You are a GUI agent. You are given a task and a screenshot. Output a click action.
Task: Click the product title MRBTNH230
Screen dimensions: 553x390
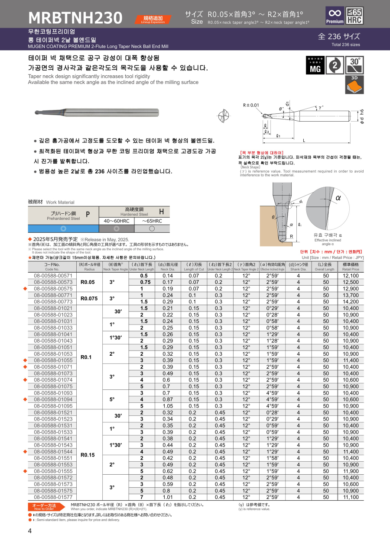click(x=75, y=18)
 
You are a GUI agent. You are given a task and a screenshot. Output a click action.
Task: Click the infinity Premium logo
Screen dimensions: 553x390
click(x=335, y=16)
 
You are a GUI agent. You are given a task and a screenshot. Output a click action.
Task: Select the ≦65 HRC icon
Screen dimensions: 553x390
click(x=355, y=16)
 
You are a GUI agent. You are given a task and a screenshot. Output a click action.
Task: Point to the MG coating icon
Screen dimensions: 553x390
click(x=315, y=65)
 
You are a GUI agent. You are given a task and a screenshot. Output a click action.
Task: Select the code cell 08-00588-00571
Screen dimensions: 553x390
click(x=53, y=276)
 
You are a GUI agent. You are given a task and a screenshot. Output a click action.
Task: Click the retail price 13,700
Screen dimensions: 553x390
click(x=350, y=295)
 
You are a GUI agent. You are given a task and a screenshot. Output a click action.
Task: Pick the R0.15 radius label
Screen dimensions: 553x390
click(x=88, y=454)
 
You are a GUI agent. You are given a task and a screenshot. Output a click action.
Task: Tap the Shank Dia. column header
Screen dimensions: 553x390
click(x=298, y=267)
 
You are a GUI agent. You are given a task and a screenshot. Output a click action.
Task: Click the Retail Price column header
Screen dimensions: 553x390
click(x=350, y=267)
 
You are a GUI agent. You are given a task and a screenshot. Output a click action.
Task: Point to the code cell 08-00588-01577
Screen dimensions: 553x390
click(x=53, y=497)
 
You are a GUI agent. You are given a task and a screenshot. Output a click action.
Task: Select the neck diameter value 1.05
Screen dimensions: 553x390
click(x=167, y=406)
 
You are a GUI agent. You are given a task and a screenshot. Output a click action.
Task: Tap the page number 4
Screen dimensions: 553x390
click(x=30, y=531)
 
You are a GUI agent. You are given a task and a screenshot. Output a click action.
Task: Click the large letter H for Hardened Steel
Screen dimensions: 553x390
click(x=161, y=211)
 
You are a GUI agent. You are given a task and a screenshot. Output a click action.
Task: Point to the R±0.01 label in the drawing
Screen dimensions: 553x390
click(x=251, y=105)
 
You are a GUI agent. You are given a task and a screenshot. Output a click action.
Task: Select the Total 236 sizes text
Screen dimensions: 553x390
click(x=345, y=45)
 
